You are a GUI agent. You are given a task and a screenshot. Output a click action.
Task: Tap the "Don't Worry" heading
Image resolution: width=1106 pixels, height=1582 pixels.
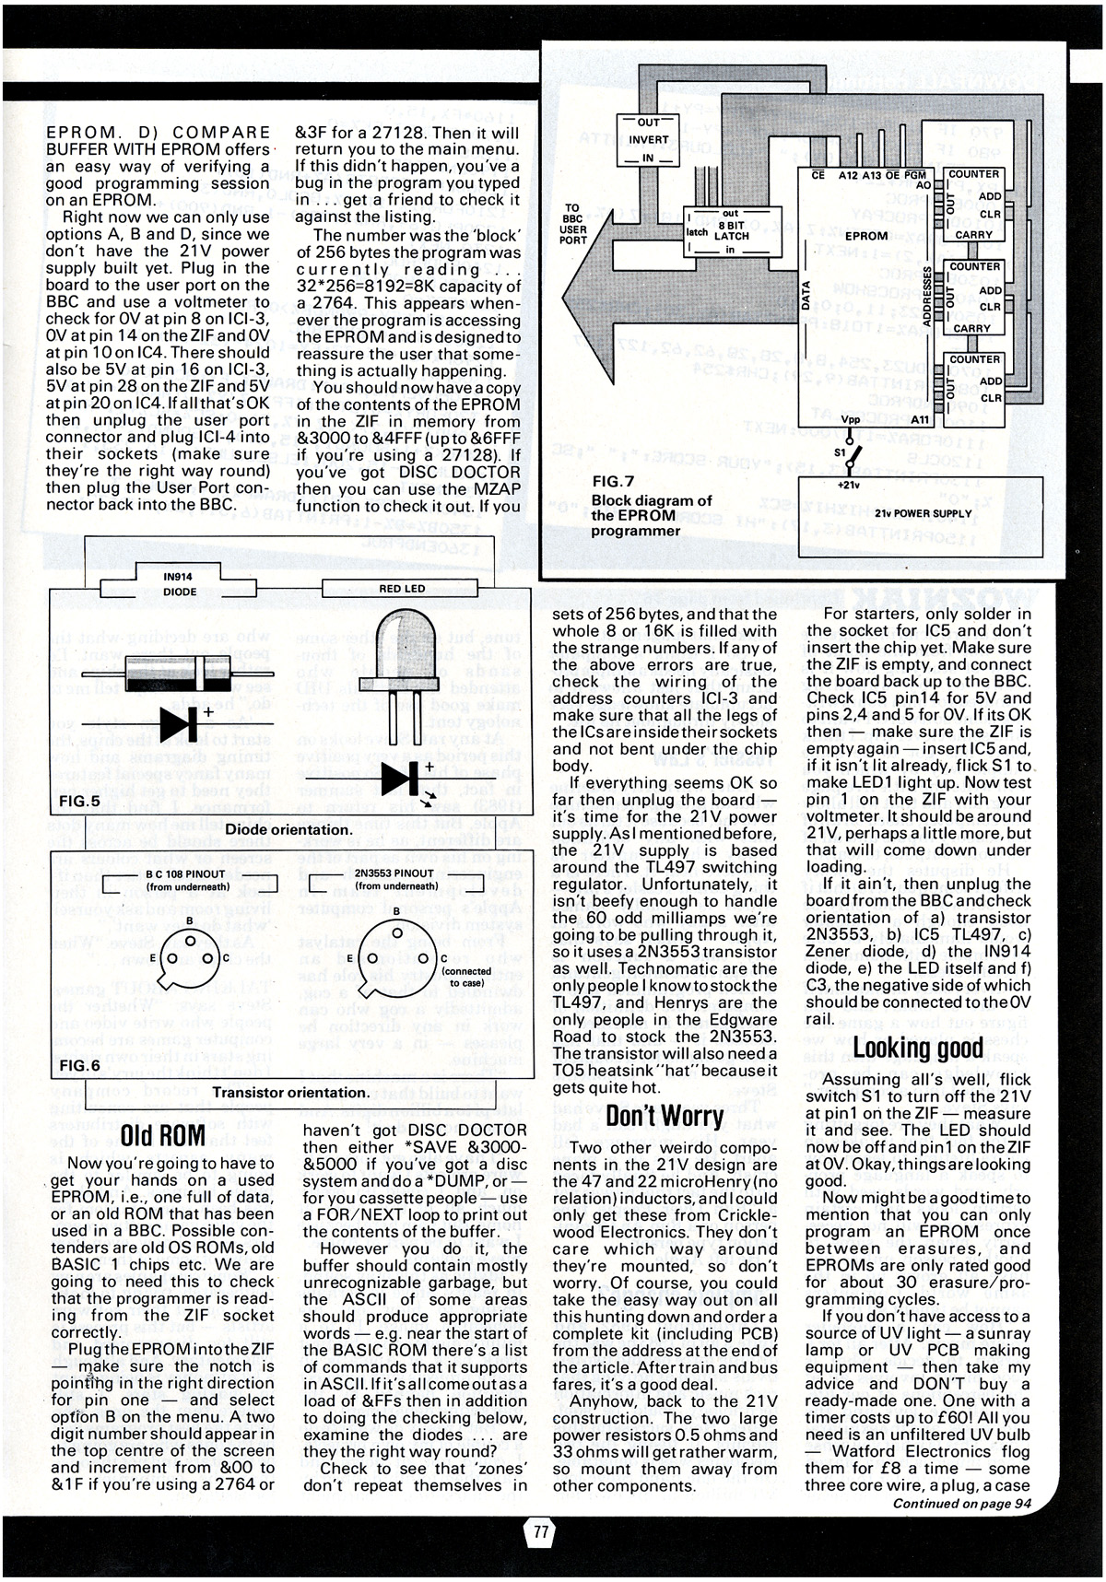pyautogui.click(x=664, y=1117)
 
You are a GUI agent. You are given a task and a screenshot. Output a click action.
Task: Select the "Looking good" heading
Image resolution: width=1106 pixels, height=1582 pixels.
pyautogui.click(x=918, y=1048)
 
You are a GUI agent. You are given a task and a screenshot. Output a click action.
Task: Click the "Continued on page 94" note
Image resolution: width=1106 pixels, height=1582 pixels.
pyautogui.click(x=960, y=1504)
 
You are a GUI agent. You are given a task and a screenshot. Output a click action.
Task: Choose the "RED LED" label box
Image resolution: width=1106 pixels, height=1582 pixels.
pyautogui.click(x=403, y=589)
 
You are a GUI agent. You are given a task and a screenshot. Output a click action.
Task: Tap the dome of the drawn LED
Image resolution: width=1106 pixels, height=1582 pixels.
pyautogui.click(x=402, y=636)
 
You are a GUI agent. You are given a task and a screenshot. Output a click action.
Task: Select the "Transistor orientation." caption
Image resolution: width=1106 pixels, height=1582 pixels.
pyautogui.click(x=290, y=1093)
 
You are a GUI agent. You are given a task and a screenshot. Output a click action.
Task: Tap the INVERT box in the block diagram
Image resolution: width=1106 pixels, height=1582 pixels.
pyautogui.click(x=649, y=140)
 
